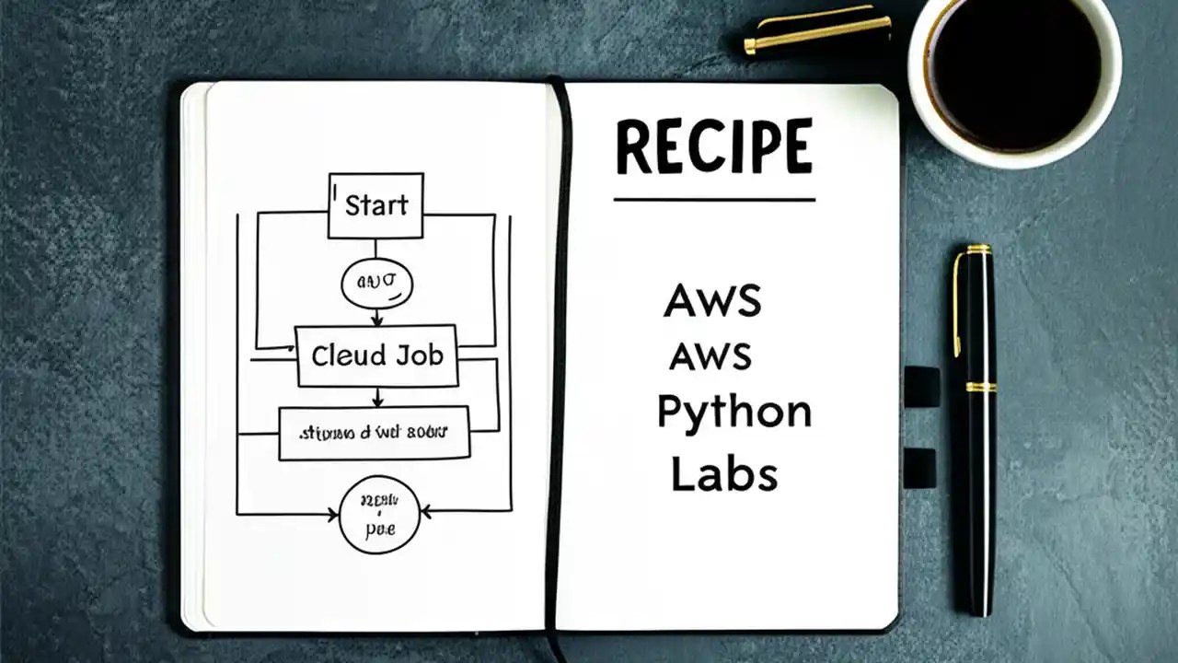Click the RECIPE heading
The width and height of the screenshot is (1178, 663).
coord(714,147)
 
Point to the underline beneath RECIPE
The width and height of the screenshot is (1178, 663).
coord(714,199)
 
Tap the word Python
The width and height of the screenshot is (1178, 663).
coord(733,413)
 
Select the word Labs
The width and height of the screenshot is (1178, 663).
coord(724,473)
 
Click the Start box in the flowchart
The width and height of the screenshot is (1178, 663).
coord(375,205)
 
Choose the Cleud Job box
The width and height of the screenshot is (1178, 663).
coord(376,355)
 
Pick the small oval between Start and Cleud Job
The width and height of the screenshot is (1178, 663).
coord(376,284)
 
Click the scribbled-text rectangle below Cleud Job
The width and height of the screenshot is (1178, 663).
coord(374,432)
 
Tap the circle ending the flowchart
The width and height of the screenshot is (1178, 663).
coord(379,515)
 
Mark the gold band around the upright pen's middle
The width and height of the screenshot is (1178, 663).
coord(980,387)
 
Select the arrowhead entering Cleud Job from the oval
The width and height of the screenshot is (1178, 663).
coord(376,320)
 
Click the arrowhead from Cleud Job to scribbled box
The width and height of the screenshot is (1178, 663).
coord(376,401)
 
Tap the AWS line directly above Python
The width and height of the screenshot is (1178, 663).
coord(710,355)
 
